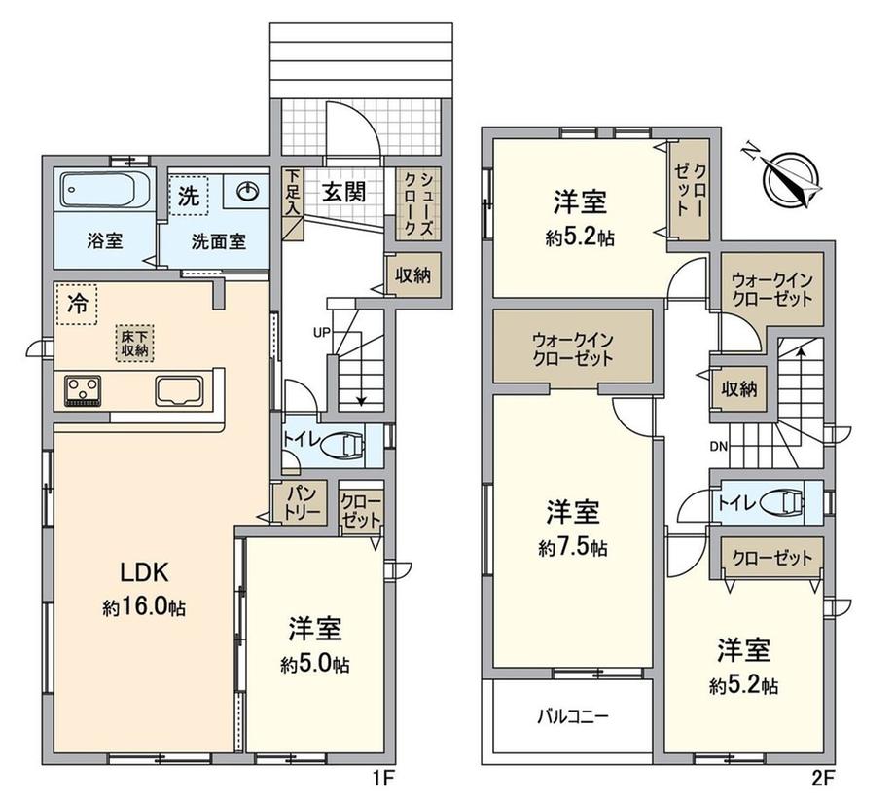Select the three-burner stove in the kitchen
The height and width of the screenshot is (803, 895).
pos(83,390)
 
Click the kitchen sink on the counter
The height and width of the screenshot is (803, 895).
pos(180,390)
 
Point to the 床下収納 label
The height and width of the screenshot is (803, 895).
pos(134,344)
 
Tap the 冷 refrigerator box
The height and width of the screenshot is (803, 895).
pos(77,304)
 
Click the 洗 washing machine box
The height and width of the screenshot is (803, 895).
pos(189,196)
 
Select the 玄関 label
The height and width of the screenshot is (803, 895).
pos(344,192)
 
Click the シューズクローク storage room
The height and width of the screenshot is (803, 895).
pos(419,204)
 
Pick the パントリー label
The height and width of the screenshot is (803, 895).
pos(299,502)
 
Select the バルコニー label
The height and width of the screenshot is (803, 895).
pos(573,716)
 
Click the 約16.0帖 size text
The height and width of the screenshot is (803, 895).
pos(144,608)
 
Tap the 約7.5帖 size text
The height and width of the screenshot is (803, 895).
pos(572,548)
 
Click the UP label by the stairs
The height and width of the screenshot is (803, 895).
pos(321,331)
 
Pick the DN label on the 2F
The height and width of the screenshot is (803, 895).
pos(719,447)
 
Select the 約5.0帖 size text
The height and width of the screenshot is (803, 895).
pos(314,664)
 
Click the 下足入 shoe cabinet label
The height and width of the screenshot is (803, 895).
pos(292,192)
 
